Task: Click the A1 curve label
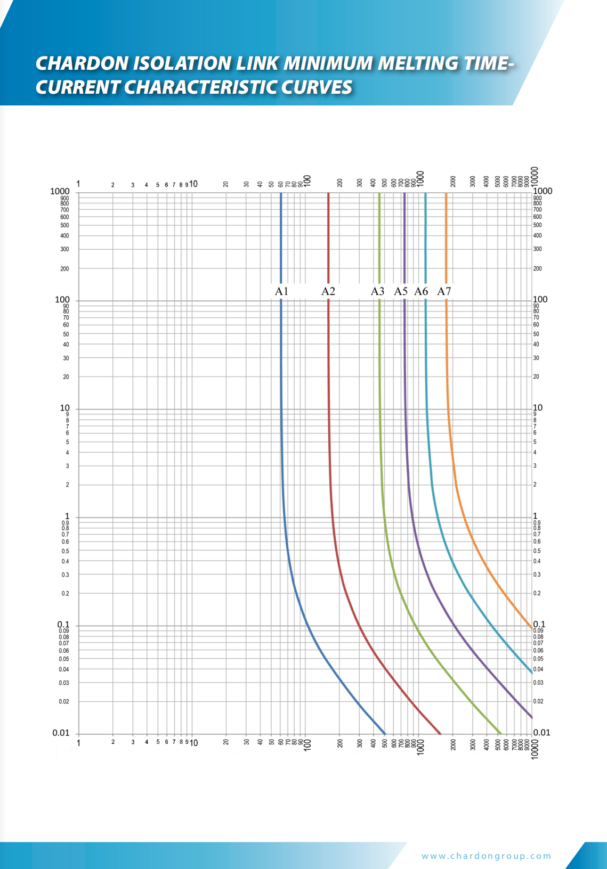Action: (x=281, y=291)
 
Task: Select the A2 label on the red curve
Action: (x=328, y=291)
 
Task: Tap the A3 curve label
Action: (x=377, y=291)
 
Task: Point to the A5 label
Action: (x=401, y=291)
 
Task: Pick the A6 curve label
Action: (x=421, y=291)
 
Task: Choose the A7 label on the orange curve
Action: (x=444, y=291)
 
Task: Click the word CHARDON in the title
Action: (x=82, y=63)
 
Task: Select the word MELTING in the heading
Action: (x=417, y=63)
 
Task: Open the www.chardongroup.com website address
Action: (x=486, y=856)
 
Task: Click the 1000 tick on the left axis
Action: (x=60, y=191)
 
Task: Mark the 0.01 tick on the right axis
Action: (x=542, y=733)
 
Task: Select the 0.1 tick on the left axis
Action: (x=63, y=625)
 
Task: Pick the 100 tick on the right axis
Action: (x=540, y=299)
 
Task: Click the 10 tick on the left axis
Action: (x=64, y=408)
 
